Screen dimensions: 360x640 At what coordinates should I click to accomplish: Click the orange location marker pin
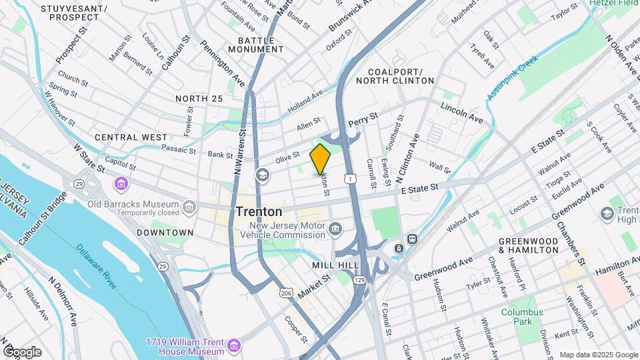tap(321, 159)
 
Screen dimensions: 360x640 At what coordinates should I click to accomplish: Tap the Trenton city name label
tap(259, 211)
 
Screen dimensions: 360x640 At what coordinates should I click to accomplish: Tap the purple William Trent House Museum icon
tap(233, 345)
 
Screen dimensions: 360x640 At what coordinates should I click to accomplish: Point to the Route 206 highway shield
tap(285, 293)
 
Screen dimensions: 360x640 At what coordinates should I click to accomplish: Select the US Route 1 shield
tap(349, 177)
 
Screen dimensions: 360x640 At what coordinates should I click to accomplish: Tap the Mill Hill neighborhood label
tap(331, 265)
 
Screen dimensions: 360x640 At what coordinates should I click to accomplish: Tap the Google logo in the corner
tap(23, 351)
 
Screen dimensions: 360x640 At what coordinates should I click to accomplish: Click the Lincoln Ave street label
tap(461, 112)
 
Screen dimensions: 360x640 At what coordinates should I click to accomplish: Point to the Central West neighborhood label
tap(131, 137)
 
